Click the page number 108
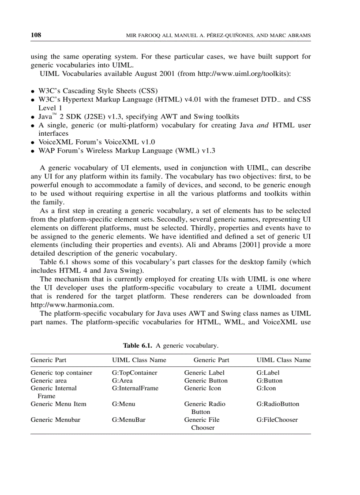[x=36, y=35]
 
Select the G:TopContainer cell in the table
[x=135, y=372]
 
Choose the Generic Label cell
[x=204, y=372]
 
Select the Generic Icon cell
[x=202, y=388]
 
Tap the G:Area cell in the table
[x=122, y=380]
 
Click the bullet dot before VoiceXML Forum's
[x=33, y=142]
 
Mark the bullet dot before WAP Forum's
[x=33, y=151]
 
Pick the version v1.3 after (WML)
[x=208, y=151]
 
